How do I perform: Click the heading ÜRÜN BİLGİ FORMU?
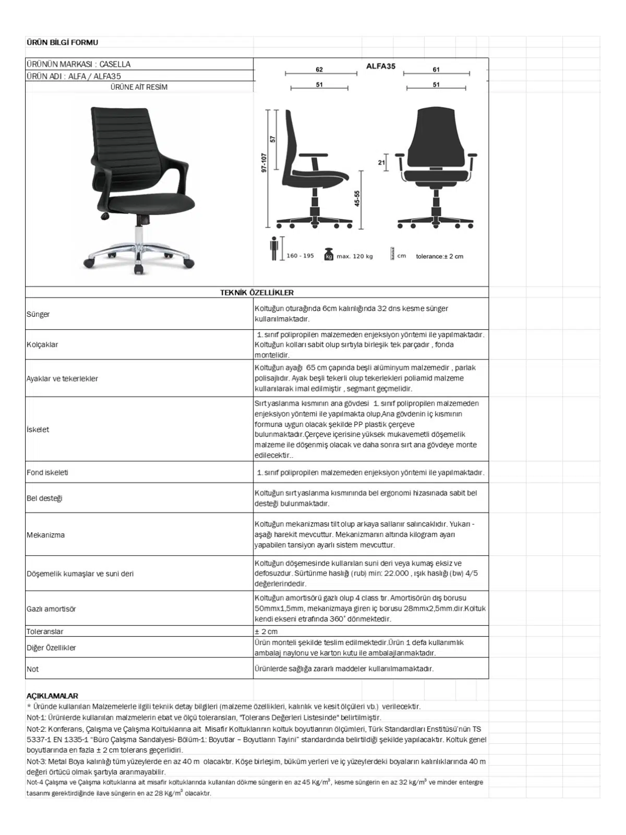pos(62,42)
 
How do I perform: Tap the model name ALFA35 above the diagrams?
pos(381,66)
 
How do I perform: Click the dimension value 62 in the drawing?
pos(319,69)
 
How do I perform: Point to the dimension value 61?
pos(436,69)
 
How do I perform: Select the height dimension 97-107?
pos(264,163)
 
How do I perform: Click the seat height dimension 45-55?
pos(357,198)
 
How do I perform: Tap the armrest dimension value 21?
pos(381,162)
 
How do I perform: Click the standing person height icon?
pos(274,249)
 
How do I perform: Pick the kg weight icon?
pos(329,254)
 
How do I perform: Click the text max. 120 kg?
pos(355,256)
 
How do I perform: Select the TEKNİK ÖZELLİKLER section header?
pos(257,293)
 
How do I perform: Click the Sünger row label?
pos(38,314)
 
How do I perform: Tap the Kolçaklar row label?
pos(42,344)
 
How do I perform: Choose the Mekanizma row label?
pos(46,535)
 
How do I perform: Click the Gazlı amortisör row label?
pos(51,609)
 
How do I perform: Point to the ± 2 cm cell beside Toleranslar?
pos(266,631)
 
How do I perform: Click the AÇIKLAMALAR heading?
pos(52,696)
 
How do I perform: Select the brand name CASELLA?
pos(115,64)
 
